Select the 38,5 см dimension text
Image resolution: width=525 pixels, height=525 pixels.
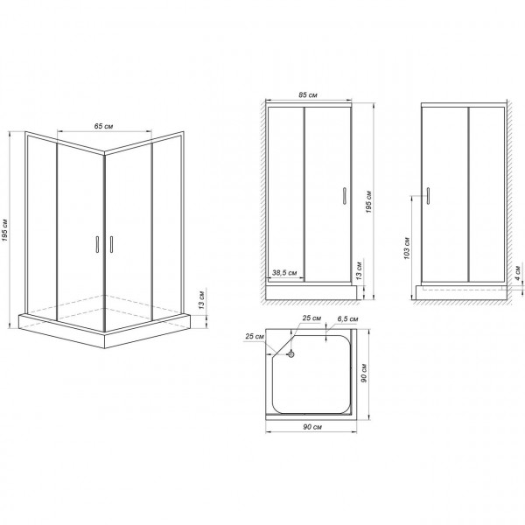pos(284,272)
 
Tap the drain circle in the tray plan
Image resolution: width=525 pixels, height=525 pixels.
pos(291,355)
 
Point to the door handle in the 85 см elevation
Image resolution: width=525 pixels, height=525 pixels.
pos(344,196)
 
